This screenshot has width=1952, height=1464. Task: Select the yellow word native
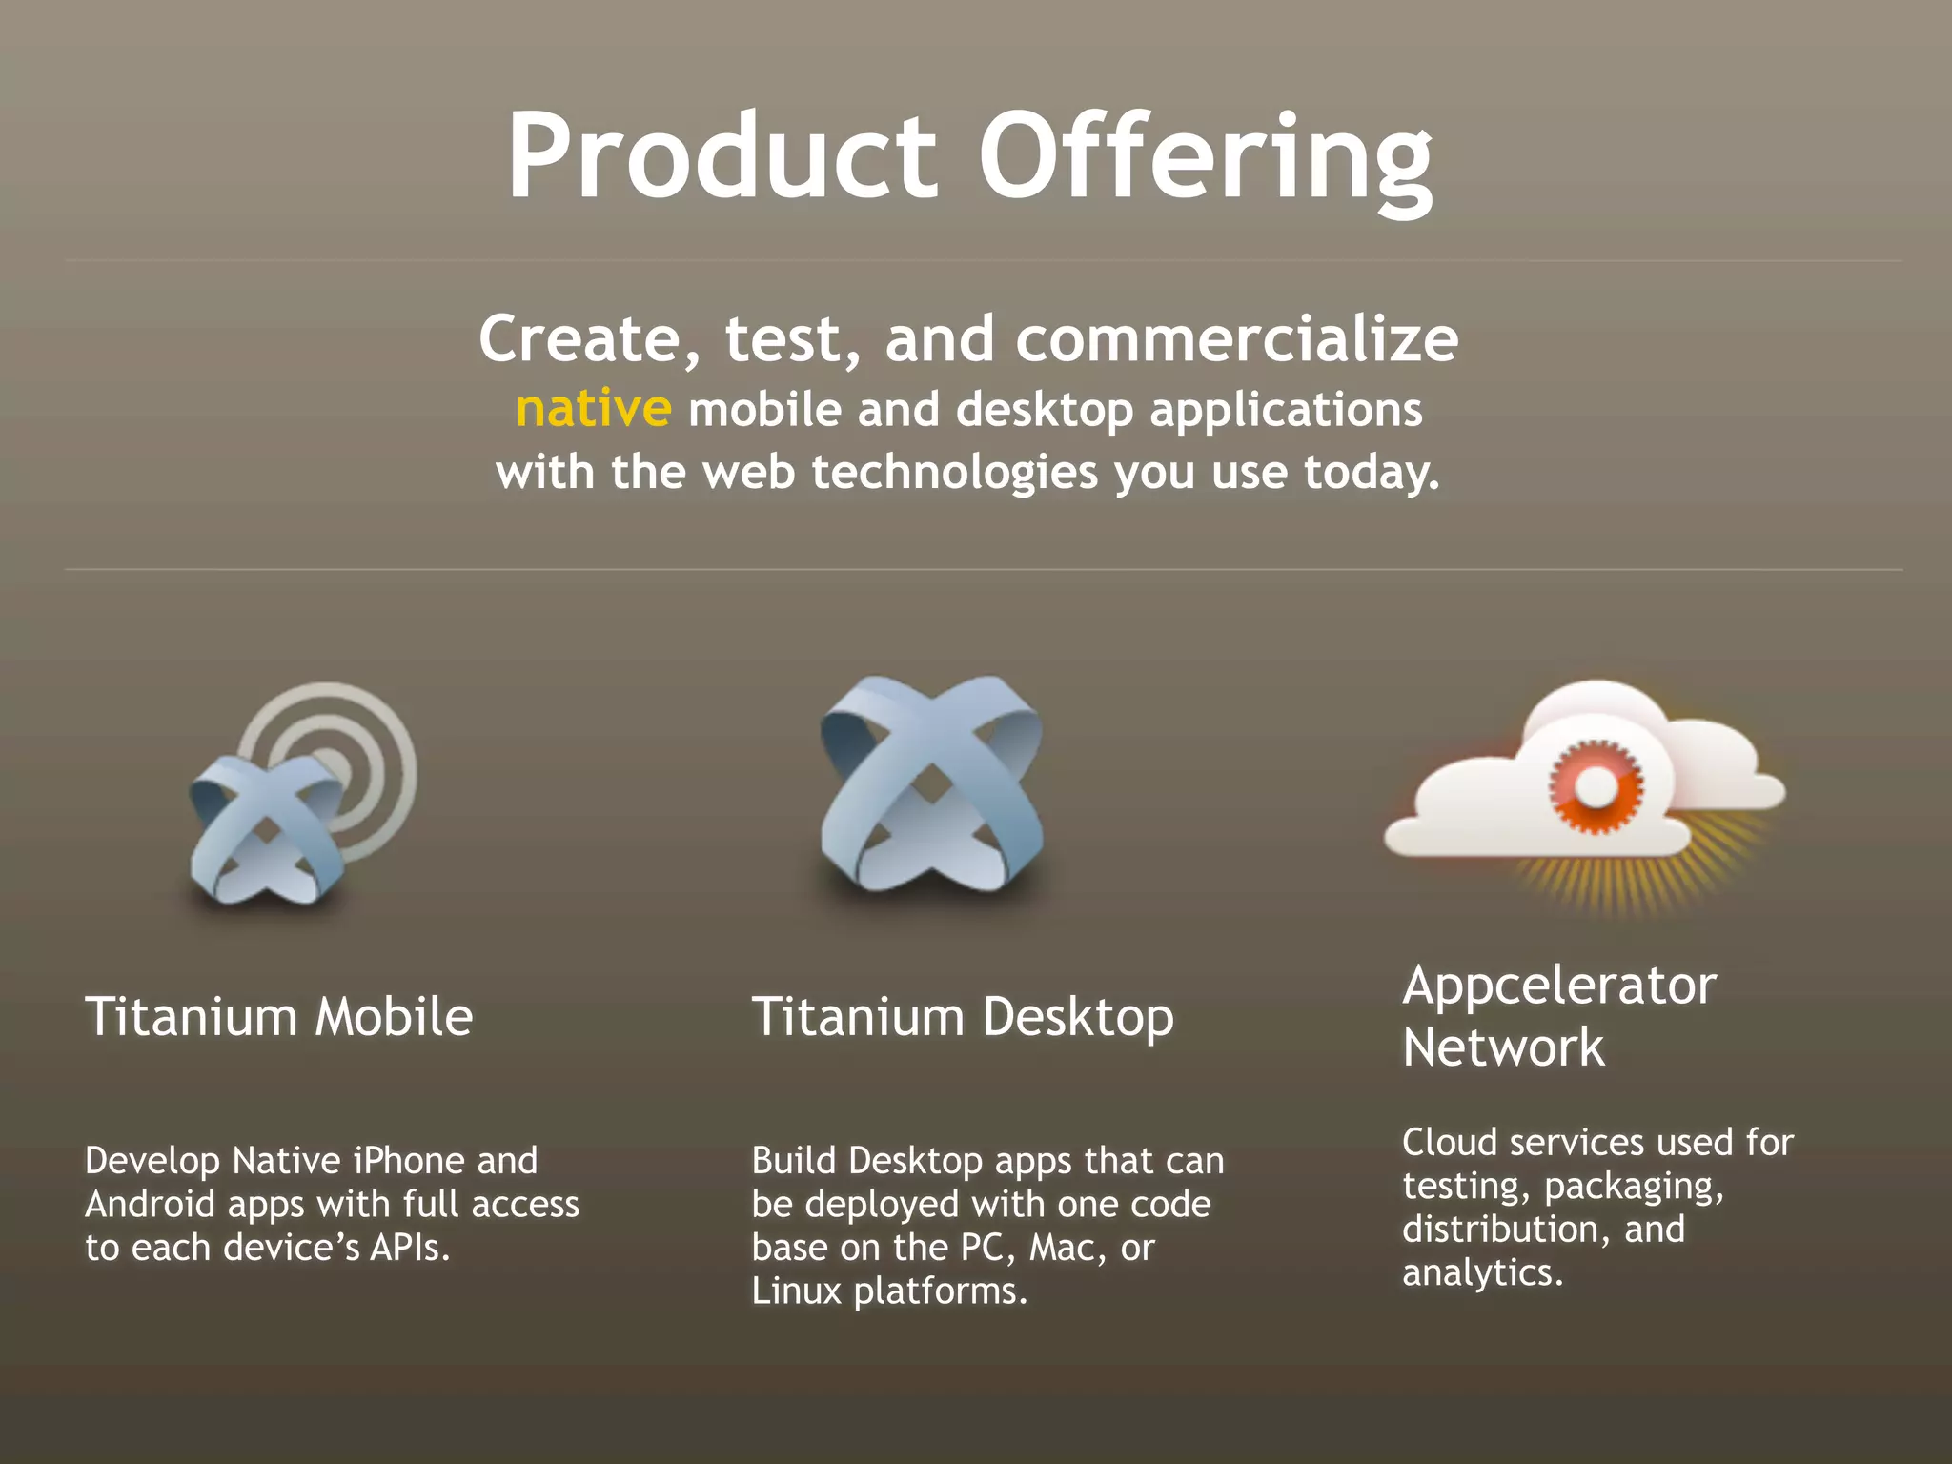point(594,410)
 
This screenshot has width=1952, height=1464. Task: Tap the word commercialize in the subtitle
point(1236,339)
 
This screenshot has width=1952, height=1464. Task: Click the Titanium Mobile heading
point(279,1016)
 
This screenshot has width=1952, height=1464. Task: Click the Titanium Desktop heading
point(963,1016)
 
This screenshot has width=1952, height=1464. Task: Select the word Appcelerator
point(1559,986)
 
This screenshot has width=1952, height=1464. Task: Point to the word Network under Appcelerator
point(1503,1047)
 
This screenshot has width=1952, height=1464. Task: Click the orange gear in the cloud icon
point(1596,787)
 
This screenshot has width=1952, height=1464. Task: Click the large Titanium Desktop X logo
point(931,784)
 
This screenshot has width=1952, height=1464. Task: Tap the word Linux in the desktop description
point(795,1291)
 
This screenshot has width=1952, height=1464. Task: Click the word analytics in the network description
point(1482,1272)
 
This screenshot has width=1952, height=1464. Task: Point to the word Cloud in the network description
point(1449,1142)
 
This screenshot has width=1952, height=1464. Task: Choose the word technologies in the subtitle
point(955,473)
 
